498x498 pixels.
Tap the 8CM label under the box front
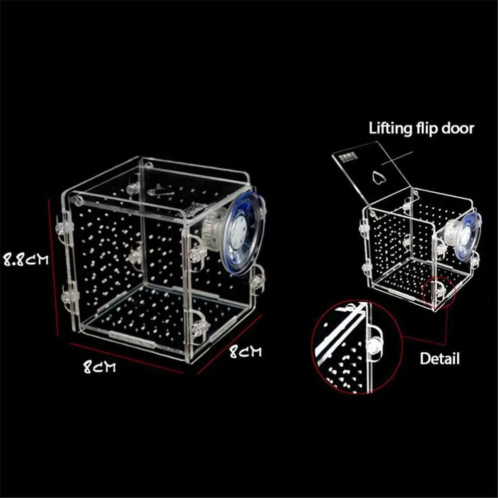pos(100,367)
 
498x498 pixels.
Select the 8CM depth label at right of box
pos(246,351)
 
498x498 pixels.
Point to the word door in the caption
pos(458,128)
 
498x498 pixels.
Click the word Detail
pos(440,359)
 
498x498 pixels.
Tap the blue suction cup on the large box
pos(244,234)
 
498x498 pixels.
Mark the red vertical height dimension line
pos(53,267)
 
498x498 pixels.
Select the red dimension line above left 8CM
pos(126,358)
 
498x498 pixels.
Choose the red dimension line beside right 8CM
pos(229,345)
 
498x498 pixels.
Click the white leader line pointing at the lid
pos(397,158)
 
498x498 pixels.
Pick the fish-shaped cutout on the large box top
pos(160,191)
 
